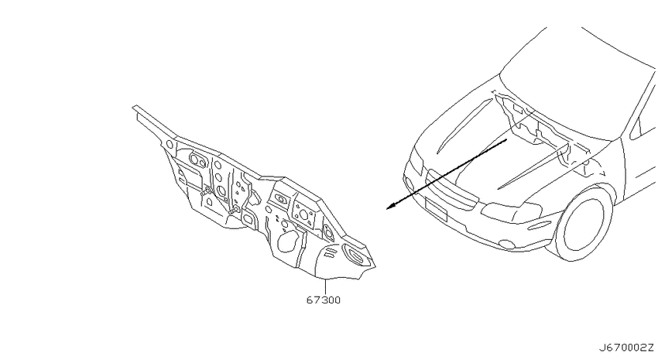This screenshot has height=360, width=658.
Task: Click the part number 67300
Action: (323, 300)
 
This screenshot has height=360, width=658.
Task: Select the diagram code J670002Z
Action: (626, 348)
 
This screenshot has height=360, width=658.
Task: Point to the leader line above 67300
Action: (325, 286)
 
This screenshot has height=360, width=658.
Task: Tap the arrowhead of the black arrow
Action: (391, 206)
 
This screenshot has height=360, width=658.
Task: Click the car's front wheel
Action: (584, 223)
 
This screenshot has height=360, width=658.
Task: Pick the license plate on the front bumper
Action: (436, 208)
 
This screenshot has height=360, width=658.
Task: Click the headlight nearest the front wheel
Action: (511, 212)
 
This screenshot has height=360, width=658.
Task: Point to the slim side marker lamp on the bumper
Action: (539, 227)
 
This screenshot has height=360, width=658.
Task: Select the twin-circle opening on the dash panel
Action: (198, 159)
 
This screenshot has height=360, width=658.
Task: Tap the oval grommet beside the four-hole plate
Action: (280, 198)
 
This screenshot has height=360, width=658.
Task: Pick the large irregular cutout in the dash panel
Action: (290, 242)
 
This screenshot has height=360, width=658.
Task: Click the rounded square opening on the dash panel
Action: (248, 219)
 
